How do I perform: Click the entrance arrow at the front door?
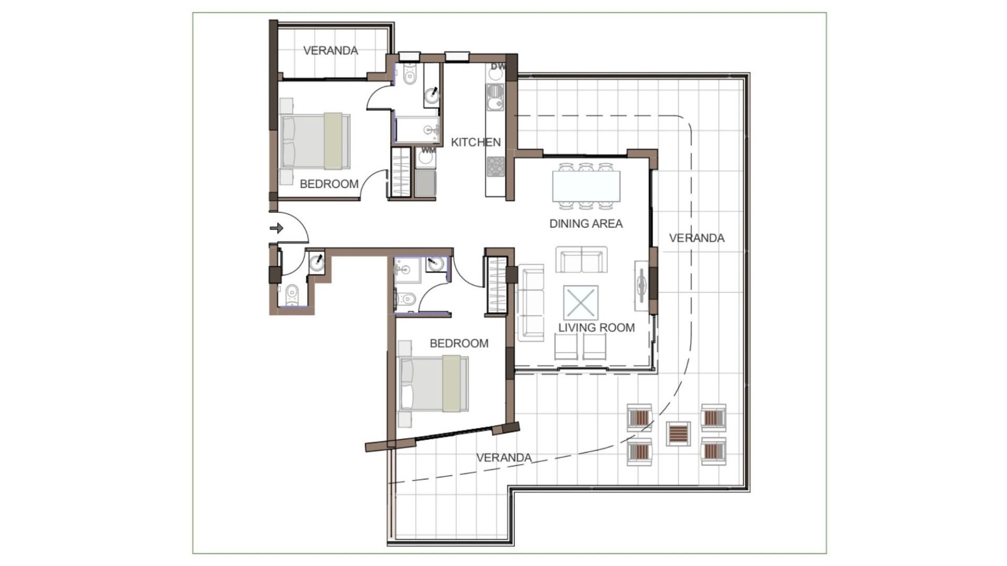(x=276, y=228)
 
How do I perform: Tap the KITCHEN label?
(x=476, y=142)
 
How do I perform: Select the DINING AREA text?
(x=586, y=223)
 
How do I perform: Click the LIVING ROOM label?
(x=596, y=328)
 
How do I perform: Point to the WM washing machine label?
(x=428, y=151)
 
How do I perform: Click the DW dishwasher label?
(x=498, y=67)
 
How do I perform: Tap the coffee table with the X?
(x=581, y=302)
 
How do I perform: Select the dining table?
(x=586, y=186)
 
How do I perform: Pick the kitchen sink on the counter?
(x=495, y=98)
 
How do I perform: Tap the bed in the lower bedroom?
(x=434, y=383)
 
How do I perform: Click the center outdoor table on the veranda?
(x=678, y=433)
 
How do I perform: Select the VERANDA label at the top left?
(x=330, y=50)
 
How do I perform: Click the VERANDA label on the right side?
(x=697, y=238)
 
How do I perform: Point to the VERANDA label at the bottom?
(x=504, y=458)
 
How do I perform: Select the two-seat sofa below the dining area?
(x=581, y=260)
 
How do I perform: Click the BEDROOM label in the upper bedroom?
(x=329, y=184)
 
